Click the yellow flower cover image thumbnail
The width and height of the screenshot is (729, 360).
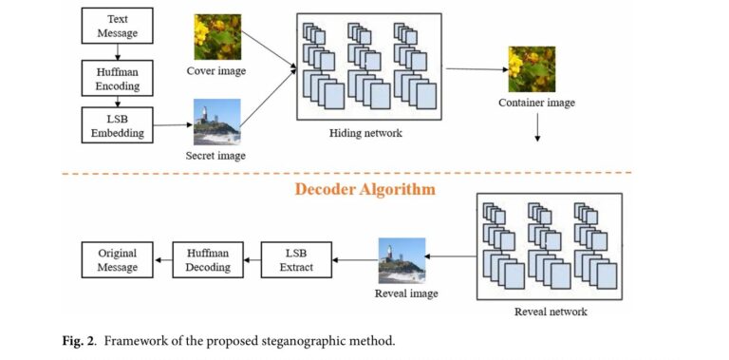coord(217,35)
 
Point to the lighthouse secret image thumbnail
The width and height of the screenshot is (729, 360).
coord(217,122)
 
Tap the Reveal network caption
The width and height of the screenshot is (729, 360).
coord(551,312)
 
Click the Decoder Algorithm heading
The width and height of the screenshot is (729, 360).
coord(364,189)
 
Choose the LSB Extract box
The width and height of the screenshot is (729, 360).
coord(297,260)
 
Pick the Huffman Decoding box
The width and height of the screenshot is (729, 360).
coord(208,260)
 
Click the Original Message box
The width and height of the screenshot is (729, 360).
coord(117,260)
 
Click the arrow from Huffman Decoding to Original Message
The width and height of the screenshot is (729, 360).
coord(162,260)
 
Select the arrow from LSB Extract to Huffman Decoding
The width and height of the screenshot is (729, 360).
coord(251,260)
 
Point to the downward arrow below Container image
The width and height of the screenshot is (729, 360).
coord(537,127)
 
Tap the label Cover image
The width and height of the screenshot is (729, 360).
coord(217,71)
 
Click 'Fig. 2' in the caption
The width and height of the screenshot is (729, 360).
coord(89,341)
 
